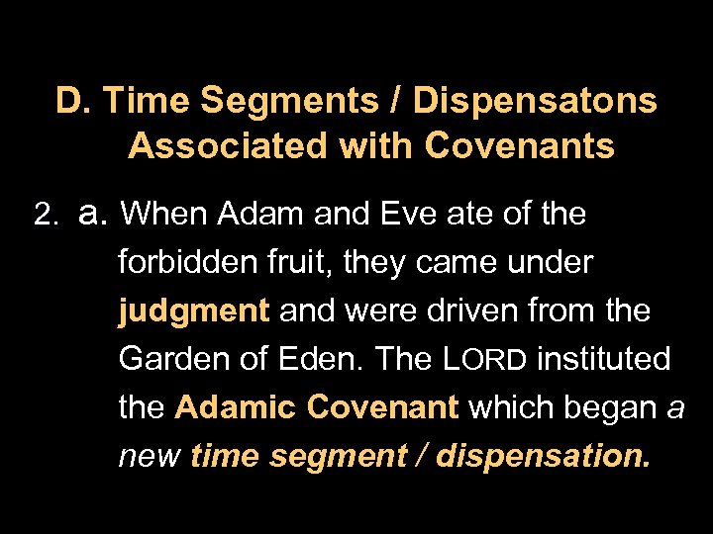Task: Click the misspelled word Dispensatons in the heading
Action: point(535,101)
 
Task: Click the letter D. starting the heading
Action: point(73,101)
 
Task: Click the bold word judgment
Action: point(194,311)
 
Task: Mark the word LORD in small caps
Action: point(484,359)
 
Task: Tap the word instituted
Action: point(603,359)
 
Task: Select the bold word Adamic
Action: point(238,407)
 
